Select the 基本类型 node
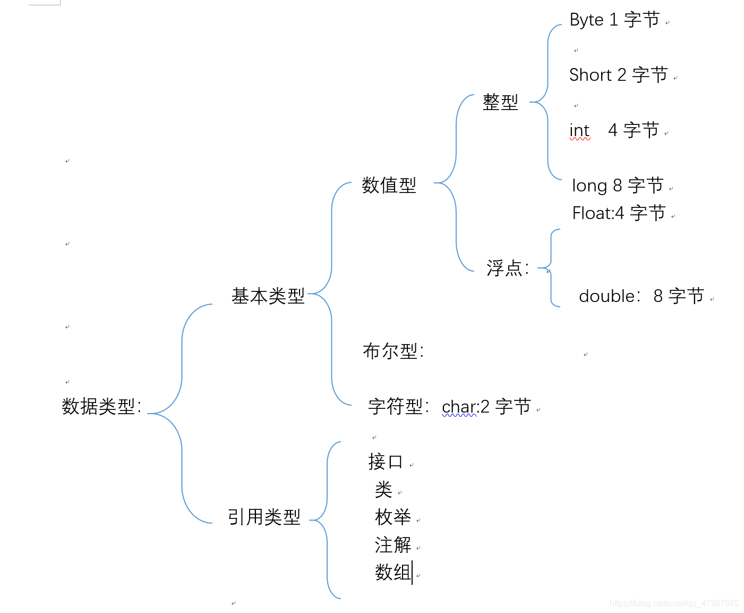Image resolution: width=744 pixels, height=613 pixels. point(268,296)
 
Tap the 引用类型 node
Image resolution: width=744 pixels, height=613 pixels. point(264,517)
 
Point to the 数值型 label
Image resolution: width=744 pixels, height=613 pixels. point(389,186)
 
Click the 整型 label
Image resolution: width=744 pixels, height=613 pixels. point(500,102)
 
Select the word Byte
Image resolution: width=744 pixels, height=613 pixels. point(586,20)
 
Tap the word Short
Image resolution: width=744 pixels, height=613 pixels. point(591,75)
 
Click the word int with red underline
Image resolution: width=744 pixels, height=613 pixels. point(579,131)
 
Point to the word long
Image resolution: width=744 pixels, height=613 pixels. point(589,186)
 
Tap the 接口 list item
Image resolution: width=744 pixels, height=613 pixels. point(386,461)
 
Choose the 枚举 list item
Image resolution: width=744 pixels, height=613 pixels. point(393,517)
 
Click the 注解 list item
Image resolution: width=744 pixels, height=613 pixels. point(393,544)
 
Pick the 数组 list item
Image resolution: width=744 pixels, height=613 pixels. point(393,572)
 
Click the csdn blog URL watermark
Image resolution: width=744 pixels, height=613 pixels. point(674,603)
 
